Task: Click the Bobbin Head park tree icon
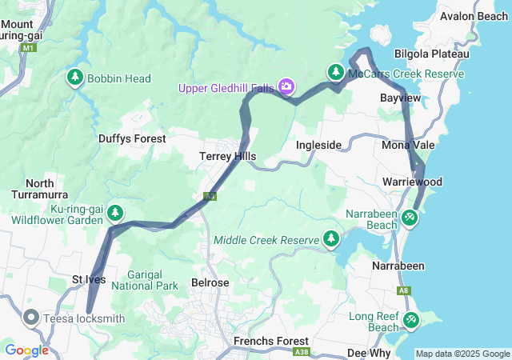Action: (x=76, y=78)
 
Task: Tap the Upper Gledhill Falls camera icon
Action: (x=286, y=86)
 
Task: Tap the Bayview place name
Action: (x=399, y=97)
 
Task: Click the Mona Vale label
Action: (x=408, y=145)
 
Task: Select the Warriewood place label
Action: (x=412, y=182)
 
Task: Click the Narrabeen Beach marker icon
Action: (x=410, y=217)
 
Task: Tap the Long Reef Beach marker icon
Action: (x=410, y=320)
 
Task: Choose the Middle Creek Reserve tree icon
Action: (x=330, y=238)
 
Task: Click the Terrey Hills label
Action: (x=227, y=157)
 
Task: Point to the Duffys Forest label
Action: (x=132, y=138)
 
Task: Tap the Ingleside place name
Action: (x=319, y=145)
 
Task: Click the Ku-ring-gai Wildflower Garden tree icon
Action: (x=116, y=212)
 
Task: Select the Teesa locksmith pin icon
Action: (x=32, y=318)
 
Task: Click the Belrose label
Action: (x=210, y=282)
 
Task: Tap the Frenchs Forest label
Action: (x=265, y=341)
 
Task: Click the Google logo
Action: (x=26, y=350)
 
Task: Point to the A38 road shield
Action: (x=302, y=351)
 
